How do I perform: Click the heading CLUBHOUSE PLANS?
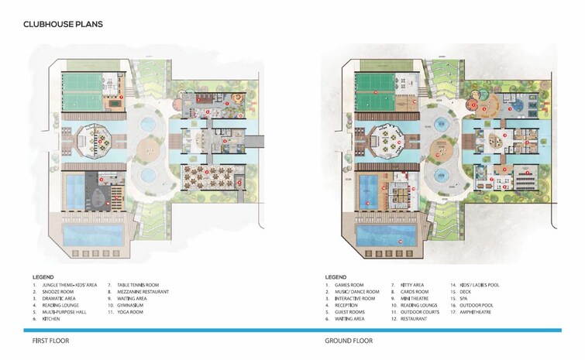(63, 25)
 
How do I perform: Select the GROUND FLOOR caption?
(349, 340)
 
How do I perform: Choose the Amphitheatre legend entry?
(481, 311)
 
